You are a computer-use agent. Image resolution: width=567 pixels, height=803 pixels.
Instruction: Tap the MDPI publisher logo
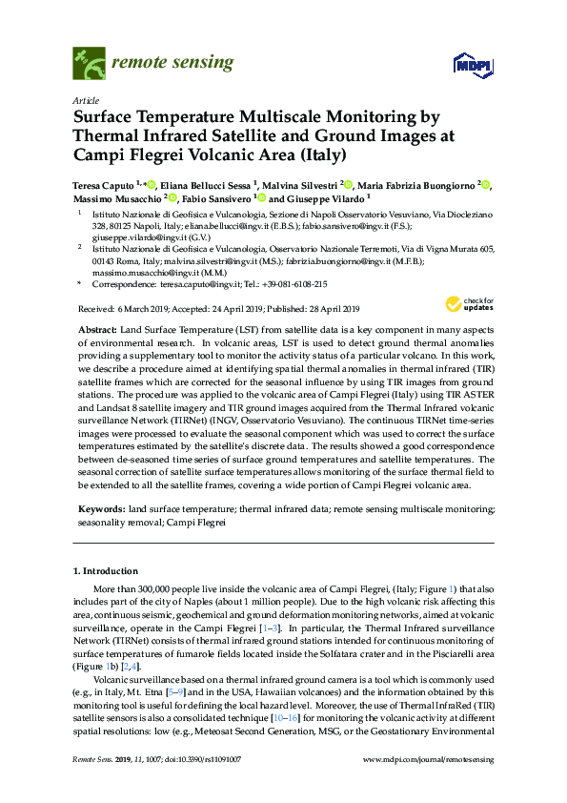471,66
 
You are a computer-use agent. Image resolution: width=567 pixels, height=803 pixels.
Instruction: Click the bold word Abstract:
99,329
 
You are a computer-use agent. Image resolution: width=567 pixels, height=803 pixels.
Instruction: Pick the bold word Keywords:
101,511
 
